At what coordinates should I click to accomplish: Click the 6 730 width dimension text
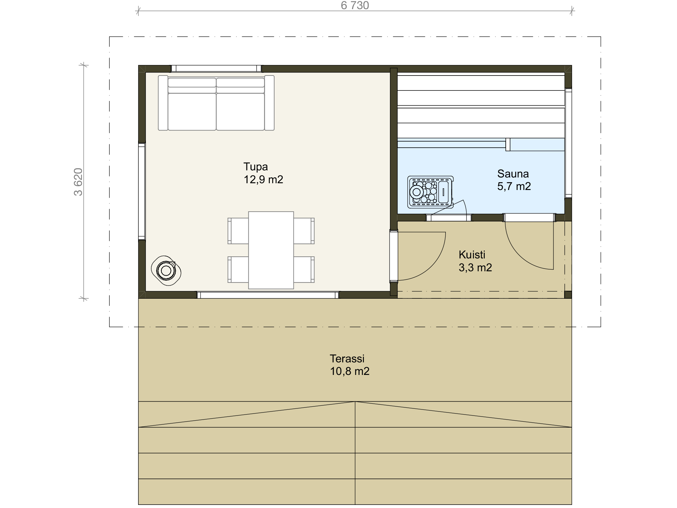click(x=355, y=5)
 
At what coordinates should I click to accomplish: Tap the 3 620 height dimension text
click(x=78, y=182)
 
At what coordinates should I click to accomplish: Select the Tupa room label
click(x=256, y=167)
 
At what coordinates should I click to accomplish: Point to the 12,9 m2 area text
click(x=263, y=179)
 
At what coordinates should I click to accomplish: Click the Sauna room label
click(x=513, y=174)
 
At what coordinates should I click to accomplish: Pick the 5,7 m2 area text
click(x=514, y=186)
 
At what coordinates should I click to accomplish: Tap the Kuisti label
click(x=472, y=255)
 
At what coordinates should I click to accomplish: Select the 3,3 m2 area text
click(x=475, y=268)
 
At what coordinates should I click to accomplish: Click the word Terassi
click(x=347, y=359)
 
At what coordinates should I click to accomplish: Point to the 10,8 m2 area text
click(x=350, y=371)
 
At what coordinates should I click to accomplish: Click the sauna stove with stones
click(x=431, y=192)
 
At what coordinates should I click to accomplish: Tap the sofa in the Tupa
click(x=216, y=103)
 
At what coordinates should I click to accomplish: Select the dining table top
click(x=271, y=250)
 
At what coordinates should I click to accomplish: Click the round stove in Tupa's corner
click(x=166, y=271)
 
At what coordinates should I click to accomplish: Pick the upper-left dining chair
click(x=238, y=231)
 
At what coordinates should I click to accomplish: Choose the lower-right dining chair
click(x=304, y=270)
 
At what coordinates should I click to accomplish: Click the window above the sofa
click(x=216, y=69)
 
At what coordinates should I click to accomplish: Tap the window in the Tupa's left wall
click(x=142, y=191)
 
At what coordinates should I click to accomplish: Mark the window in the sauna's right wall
click(x=568, y=143)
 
